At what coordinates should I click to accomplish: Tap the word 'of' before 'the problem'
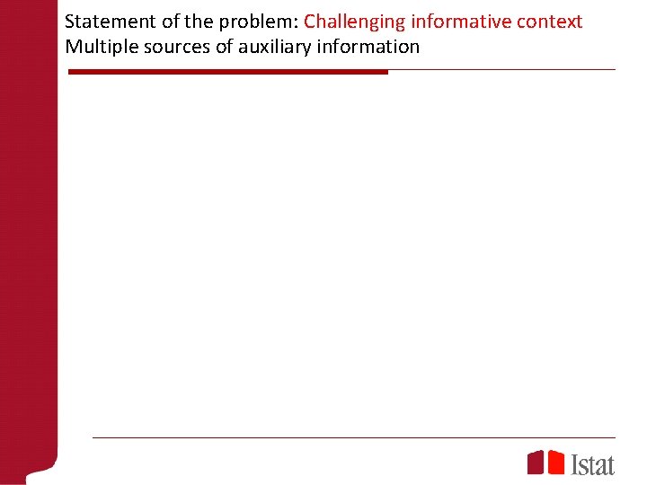[172, 22]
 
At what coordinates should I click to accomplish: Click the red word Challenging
[354, 22]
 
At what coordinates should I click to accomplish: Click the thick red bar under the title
[228, 72]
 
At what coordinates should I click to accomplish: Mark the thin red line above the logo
[354, 437]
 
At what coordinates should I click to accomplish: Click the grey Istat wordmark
[593, 463]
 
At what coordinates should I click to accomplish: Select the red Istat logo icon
[545, 462]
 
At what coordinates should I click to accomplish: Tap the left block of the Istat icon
[535, 463]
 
